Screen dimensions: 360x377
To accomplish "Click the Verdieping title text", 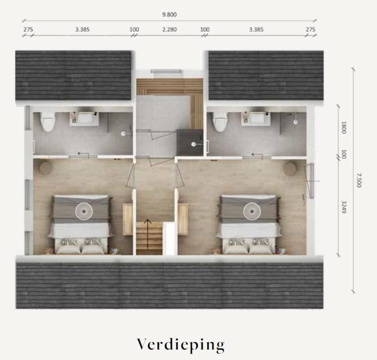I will (x=181, y=344).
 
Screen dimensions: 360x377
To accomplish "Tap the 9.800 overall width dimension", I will (x=169, y=15).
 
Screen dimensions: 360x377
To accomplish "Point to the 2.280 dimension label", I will (x=169, y=29).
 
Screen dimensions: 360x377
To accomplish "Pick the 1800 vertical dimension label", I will (x=344, y=128).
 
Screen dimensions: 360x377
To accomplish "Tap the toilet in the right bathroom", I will (x=220, y=122).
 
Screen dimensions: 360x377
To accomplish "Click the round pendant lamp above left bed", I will (x=83, y=210).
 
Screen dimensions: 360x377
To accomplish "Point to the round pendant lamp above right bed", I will (x=251, y=210).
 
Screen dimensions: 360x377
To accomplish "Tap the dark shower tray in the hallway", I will (x=190, y=141).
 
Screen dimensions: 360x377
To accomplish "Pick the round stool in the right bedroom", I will (x=290, y=169).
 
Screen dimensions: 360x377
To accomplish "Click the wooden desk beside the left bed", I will (x=128, y=219).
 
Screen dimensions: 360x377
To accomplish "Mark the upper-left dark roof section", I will (x=73, y=74).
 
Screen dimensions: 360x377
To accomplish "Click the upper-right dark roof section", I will (x=265, y=74).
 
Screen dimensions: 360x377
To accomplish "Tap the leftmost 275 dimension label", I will (x=28, y=29).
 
